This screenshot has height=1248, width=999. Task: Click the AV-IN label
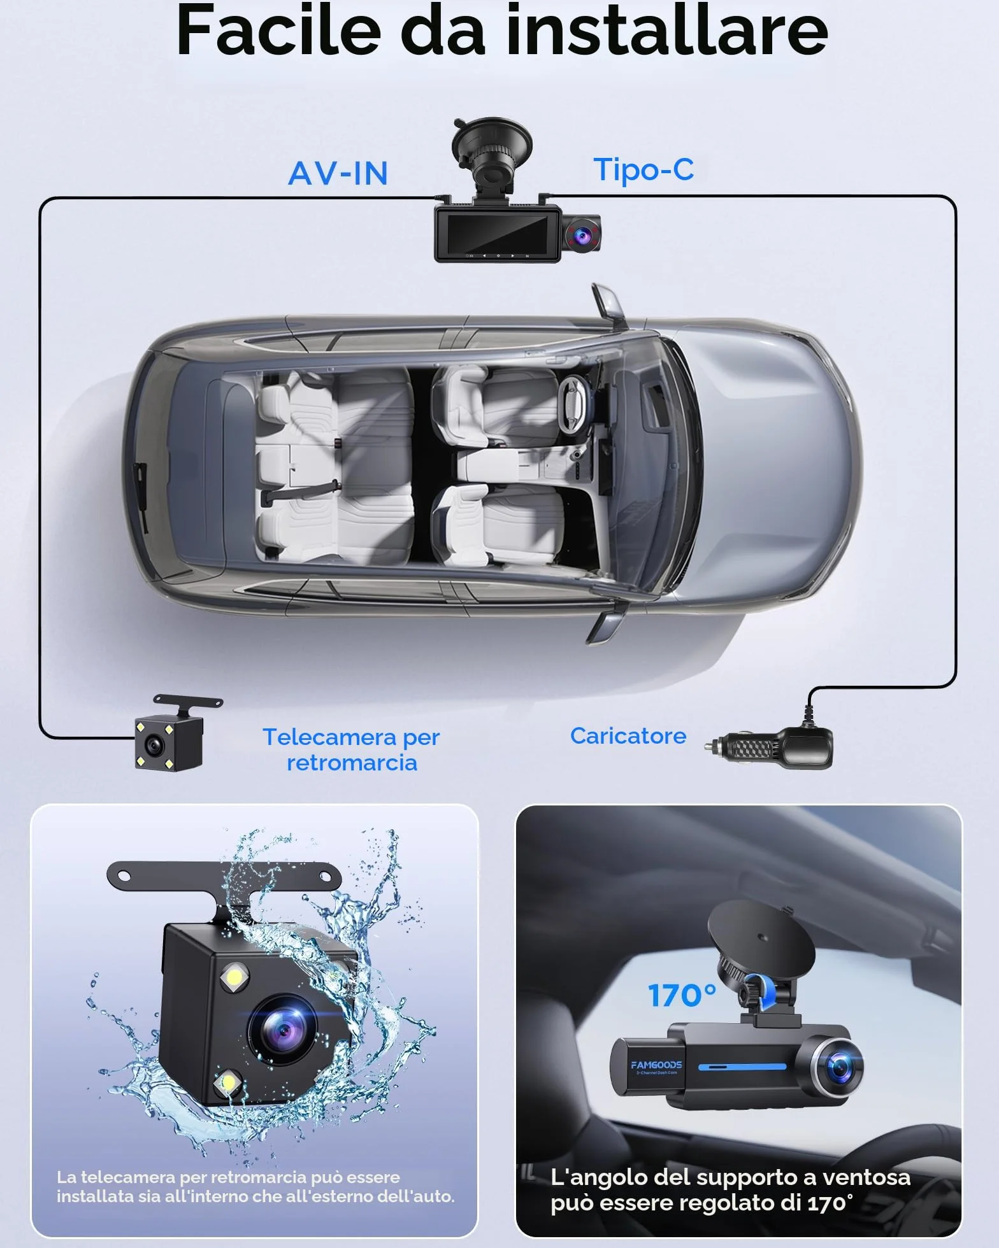[x=338, y=173]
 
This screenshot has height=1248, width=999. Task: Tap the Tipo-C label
[x=643, y=170]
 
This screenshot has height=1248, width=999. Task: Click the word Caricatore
[x=628, y=736]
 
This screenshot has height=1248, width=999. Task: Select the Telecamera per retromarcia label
[x=352, y=749]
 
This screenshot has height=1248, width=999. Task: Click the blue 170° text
[x=682, y=995]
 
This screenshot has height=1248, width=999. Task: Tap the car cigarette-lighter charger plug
[x=768, y=748]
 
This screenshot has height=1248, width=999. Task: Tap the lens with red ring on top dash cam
[x=582, y=236]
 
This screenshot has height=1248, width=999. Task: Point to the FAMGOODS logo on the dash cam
[x=656, y=1065]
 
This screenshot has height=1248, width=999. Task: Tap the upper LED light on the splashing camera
[x=234, y=976]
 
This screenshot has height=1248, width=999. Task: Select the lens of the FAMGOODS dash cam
[x=838, y=1067]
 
